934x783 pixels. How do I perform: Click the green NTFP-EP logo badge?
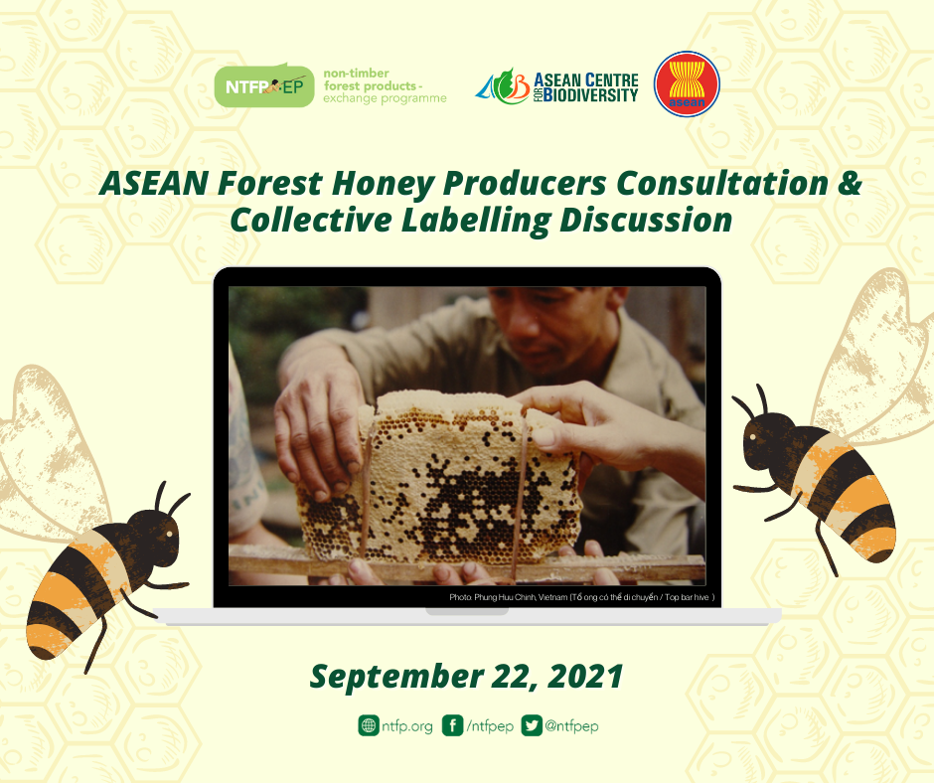264,85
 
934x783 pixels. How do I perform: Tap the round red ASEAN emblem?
687,84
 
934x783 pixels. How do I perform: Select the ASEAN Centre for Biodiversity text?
585,87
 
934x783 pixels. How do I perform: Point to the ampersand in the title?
850,183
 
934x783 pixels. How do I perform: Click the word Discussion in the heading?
646,220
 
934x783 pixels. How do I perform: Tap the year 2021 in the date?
585,676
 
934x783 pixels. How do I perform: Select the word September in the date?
396,677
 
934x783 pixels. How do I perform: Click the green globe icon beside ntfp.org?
369,725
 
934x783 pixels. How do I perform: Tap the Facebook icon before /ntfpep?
453,725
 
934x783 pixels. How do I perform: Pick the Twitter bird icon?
532,725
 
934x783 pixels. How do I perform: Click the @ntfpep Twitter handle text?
572,726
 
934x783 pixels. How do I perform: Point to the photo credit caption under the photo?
581,597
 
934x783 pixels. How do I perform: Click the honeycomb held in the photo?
441,477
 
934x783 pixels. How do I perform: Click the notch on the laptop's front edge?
467,611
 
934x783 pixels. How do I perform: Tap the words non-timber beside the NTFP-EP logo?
356,74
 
